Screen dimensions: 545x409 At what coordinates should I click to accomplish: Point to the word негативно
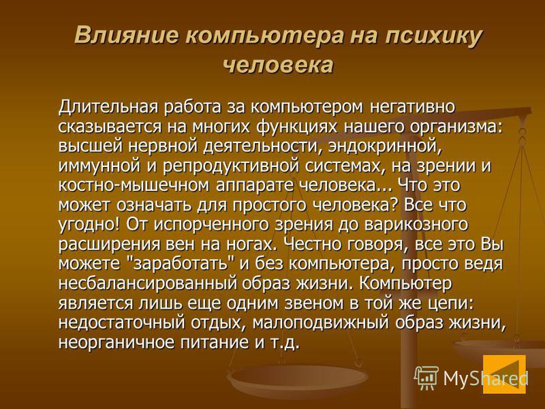point(412,107)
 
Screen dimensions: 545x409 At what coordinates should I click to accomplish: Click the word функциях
point(297,127)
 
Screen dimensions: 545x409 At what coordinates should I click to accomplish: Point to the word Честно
point(313,245)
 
